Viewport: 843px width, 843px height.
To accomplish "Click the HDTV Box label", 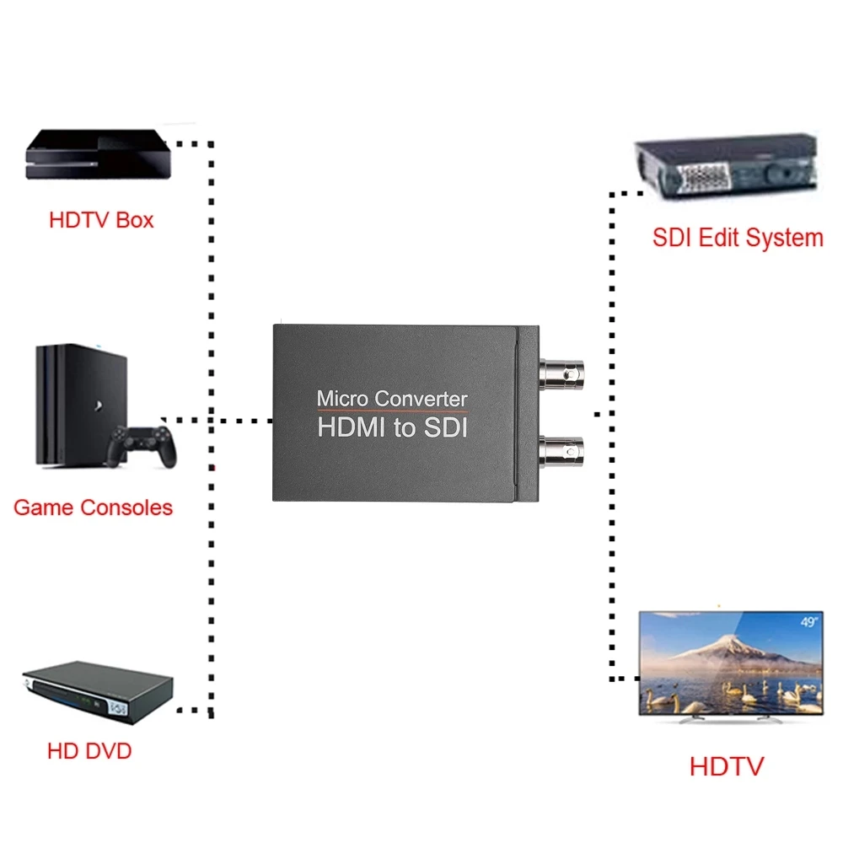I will point(101,220).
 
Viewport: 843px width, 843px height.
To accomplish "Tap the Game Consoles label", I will point(93,507).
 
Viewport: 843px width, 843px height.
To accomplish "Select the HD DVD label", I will point(89,750).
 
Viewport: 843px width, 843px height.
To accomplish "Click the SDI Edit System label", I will point(738,238).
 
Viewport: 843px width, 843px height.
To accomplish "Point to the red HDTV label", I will point(726,766).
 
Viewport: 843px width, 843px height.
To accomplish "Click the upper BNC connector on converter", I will point(561,369).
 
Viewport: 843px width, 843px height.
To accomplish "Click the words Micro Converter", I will point(391,398).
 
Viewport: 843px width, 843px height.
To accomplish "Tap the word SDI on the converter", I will point(444,427).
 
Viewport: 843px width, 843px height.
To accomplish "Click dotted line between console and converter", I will point(219,419).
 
